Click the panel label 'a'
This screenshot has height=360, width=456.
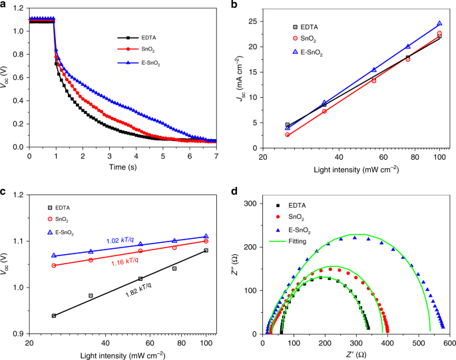coord(4,5)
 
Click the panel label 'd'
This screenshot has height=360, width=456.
coord(234,191)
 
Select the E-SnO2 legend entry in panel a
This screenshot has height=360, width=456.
coord(138,63)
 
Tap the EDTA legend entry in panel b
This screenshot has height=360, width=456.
coord(306,27)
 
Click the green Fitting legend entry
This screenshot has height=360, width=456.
coord(288,242)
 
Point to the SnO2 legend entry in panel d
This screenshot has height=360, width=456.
coord(290,217)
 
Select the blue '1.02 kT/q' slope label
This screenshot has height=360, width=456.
coord(120,240)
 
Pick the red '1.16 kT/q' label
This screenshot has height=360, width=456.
coord(124,262)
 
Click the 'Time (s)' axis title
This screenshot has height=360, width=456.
coord(122,167)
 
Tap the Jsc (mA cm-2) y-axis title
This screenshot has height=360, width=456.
coord(240,79)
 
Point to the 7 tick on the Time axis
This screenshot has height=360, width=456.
coord(216,156)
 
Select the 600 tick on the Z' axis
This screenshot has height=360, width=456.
coord(449,343)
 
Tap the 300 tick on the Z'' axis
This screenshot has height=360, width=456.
coord(251,204)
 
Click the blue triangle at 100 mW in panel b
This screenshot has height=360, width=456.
coord(439,23)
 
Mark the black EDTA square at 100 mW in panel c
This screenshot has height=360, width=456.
coord(206,250)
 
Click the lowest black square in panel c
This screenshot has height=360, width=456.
coord(54,316)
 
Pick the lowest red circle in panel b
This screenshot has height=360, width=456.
coord(288,134)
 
